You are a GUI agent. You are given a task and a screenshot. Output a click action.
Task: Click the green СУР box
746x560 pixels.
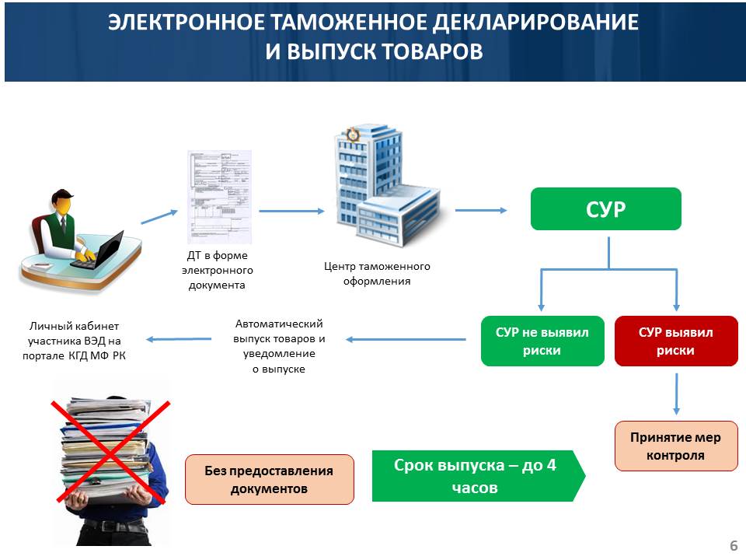point(605,208)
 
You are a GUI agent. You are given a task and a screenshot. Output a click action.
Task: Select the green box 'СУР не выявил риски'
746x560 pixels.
point(542,341)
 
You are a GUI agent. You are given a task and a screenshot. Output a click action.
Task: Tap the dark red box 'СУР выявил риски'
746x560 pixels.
point(675,341)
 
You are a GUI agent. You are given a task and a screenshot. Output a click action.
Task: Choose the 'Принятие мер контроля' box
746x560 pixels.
point(675,446)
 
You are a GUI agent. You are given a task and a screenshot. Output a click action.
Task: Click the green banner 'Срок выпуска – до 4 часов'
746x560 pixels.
point(477,476)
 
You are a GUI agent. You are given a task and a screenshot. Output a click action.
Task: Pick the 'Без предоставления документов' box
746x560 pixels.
point(269,479)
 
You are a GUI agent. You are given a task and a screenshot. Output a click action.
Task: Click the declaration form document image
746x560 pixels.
point(219,197)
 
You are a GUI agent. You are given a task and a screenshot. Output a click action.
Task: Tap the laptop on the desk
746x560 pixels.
point(99,248)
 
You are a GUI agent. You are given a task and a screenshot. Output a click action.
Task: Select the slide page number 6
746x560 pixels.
point(733,545)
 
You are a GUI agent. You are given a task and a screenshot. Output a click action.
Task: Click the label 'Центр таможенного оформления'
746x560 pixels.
point(377,273)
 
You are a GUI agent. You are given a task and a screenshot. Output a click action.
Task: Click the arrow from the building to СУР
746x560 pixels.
point(480,209)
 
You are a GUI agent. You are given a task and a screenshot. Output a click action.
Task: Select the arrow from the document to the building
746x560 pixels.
point(291,210)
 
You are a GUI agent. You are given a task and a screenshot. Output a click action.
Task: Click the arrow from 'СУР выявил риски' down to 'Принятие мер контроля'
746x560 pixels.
point(676,394)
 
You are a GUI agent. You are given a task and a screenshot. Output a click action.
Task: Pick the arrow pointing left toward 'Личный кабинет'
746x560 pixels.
point(180,338)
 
